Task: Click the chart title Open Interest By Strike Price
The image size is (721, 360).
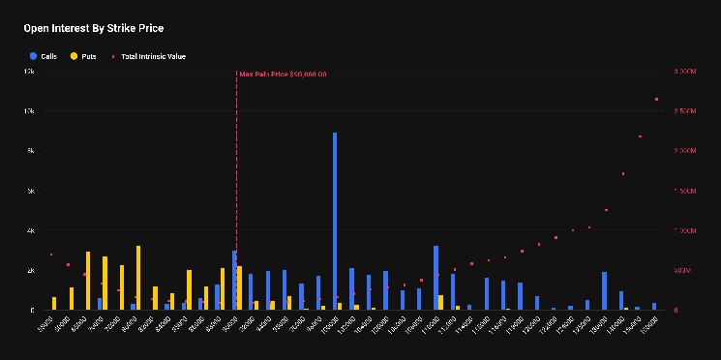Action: coord(94,28)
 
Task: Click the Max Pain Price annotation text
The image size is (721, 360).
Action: coord(283,75)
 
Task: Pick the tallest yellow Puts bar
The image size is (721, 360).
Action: coord(138,278)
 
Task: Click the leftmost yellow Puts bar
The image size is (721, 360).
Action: coord(54,303)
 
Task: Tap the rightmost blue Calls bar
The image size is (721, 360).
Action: coord(654,306)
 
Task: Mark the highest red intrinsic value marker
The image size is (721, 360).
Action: coord(657,99)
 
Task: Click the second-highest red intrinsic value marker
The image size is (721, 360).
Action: coord(640,136)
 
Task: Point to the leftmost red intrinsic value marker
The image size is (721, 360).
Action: coord(51,255)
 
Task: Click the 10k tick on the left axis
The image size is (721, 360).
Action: coord(29,111)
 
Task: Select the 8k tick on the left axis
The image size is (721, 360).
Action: coord(30,151)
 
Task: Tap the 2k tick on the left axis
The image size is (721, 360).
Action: coord(30,270)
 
